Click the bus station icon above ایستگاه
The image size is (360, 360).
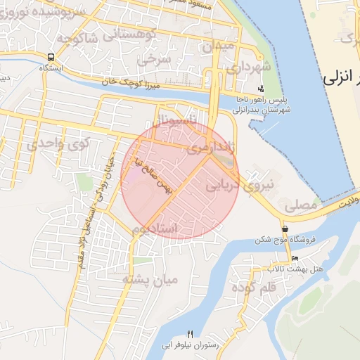click(x=51, y=57)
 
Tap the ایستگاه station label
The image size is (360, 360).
click(x=51, y=68)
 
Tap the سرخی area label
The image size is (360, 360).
click(x=155, y=60)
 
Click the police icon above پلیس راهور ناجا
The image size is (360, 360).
click(x=261, y=89)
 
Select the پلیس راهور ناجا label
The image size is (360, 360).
click(x=262, y=100)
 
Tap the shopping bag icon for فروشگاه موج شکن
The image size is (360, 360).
click(x=284, y=229)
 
